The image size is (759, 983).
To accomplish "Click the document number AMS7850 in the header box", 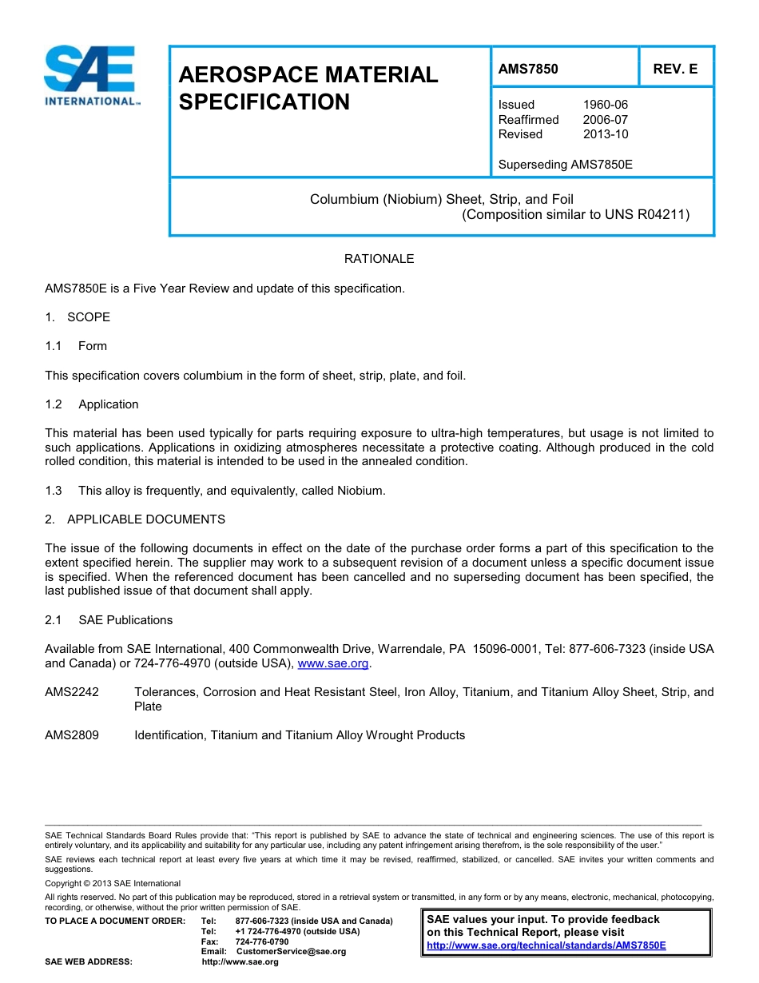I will tap(528, 69).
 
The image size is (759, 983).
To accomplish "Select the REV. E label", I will tap(675, 69).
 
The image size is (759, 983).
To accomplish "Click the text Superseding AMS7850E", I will tap(565, 165).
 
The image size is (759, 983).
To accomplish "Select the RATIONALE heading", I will tap(379, 259).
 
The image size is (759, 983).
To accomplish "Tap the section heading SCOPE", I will tap(88, 317).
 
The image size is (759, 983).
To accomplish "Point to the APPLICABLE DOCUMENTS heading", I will tap(145, 519).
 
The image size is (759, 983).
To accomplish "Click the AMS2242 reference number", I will tap(72, 692).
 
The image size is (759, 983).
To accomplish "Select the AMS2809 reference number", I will tap(72, 735).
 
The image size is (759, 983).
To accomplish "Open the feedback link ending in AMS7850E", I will tap(546, 945).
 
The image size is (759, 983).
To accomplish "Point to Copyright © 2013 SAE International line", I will tap(113, 883).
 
